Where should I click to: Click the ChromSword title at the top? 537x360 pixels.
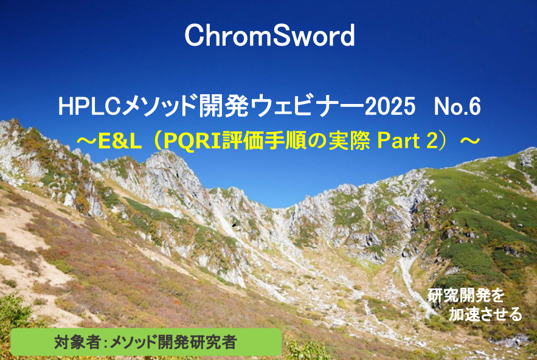(269, 35)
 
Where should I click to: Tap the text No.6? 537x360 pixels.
(457, 106)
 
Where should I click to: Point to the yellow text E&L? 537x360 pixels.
(120, 141)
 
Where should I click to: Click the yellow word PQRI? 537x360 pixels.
(192, 141)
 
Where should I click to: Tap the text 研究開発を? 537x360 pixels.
(466, 296)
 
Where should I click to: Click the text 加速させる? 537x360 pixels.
(485, 314)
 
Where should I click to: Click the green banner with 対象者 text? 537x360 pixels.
(146, 342)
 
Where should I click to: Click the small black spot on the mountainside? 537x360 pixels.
(234, 225)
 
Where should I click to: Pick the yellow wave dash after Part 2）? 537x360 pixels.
(469, 140)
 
